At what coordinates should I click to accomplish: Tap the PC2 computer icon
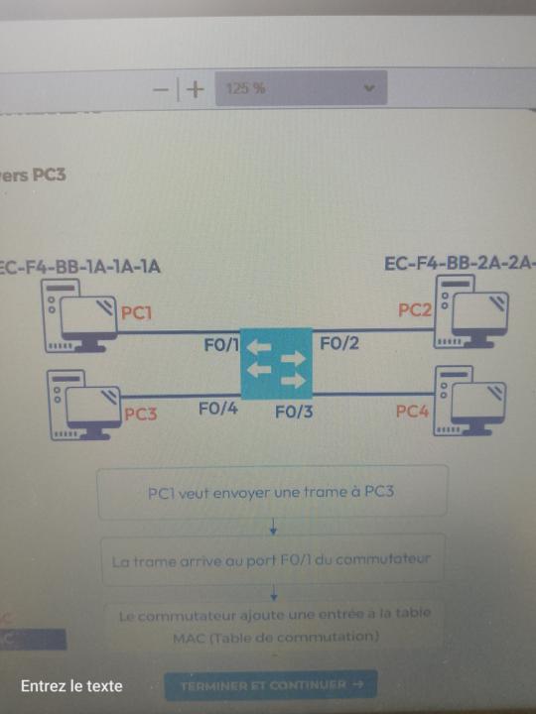(x=472, y=311)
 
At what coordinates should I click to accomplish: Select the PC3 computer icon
(x=83, y=404)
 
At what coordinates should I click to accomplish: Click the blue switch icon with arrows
(x=276, y=363)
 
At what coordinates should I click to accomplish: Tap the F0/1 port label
(x=221, y=344)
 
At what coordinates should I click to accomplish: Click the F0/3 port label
(x=294, y=411)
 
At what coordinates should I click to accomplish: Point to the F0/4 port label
(x=217, y=408)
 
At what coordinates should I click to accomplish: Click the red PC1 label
(x=137, y=313)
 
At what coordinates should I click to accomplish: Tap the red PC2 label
(x=415, y=310)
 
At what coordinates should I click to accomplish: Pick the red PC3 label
(x=140, y=415)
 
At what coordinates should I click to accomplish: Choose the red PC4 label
(x=412, y=411)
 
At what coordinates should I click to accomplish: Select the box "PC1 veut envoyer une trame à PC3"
(x=272, y=492)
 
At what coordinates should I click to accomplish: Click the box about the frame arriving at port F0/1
(x=272, y=560)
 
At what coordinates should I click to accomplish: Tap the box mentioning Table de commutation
(x=274, y=625)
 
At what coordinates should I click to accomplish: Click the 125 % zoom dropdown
(x=301, y=88)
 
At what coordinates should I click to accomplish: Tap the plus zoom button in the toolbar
(x=196, y=89)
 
